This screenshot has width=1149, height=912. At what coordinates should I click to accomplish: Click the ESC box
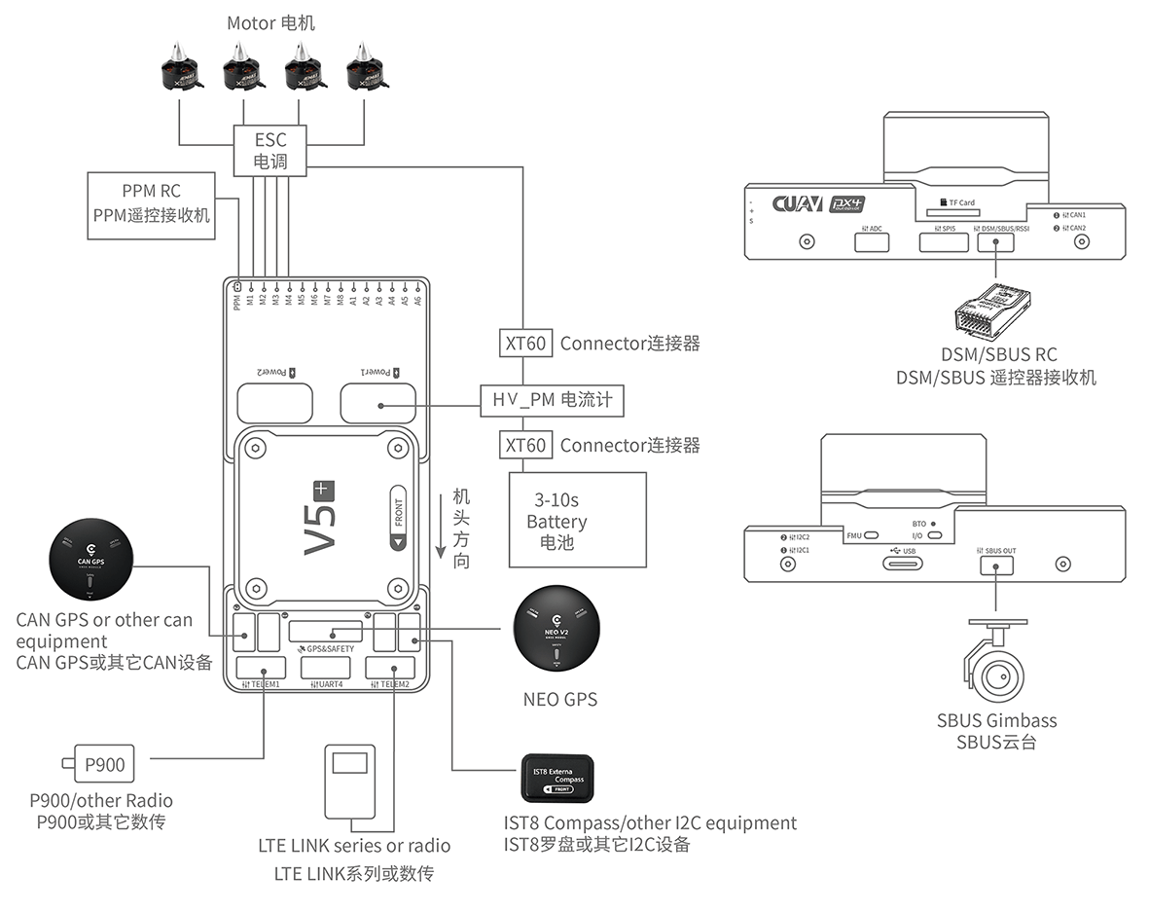coord(270,150)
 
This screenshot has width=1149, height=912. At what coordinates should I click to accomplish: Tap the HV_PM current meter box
coord(552,400)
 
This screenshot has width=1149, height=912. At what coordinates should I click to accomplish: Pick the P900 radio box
coord(104,765)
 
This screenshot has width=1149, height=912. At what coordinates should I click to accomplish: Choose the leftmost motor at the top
coord(180,70)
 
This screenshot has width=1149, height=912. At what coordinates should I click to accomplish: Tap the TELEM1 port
coord(265,668)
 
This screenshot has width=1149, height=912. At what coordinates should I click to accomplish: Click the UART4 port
coord(329,668)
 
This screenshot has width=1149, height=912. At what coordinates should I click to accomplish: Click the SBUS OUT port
coord(996,565)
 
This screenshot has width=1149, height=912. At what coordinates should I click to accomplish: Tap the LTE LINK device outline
coord(349,782)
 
